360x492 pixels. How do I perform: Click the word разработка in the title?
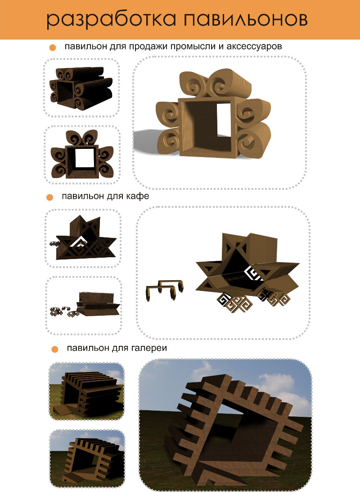(112, 20)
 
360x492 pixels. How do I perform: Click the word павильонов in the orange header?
(246, 19)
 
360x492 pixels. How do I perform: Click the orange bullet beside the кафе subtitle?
(49, 197)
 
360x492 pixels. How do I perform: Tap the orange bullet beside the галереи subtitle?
(54, 349)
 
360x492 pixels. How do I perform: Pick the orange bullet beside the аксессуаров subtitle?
(52, 48)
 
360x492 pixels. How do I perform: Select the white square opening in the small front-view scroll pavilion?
(85, 157)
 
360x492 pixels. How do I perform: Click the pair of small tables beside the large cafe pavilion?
(164, 290)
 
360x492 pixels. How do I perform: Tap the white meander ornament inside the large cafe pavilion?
(255, 273)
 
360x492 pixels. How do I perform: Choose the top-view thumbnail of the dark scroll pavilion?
(81, 88)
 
